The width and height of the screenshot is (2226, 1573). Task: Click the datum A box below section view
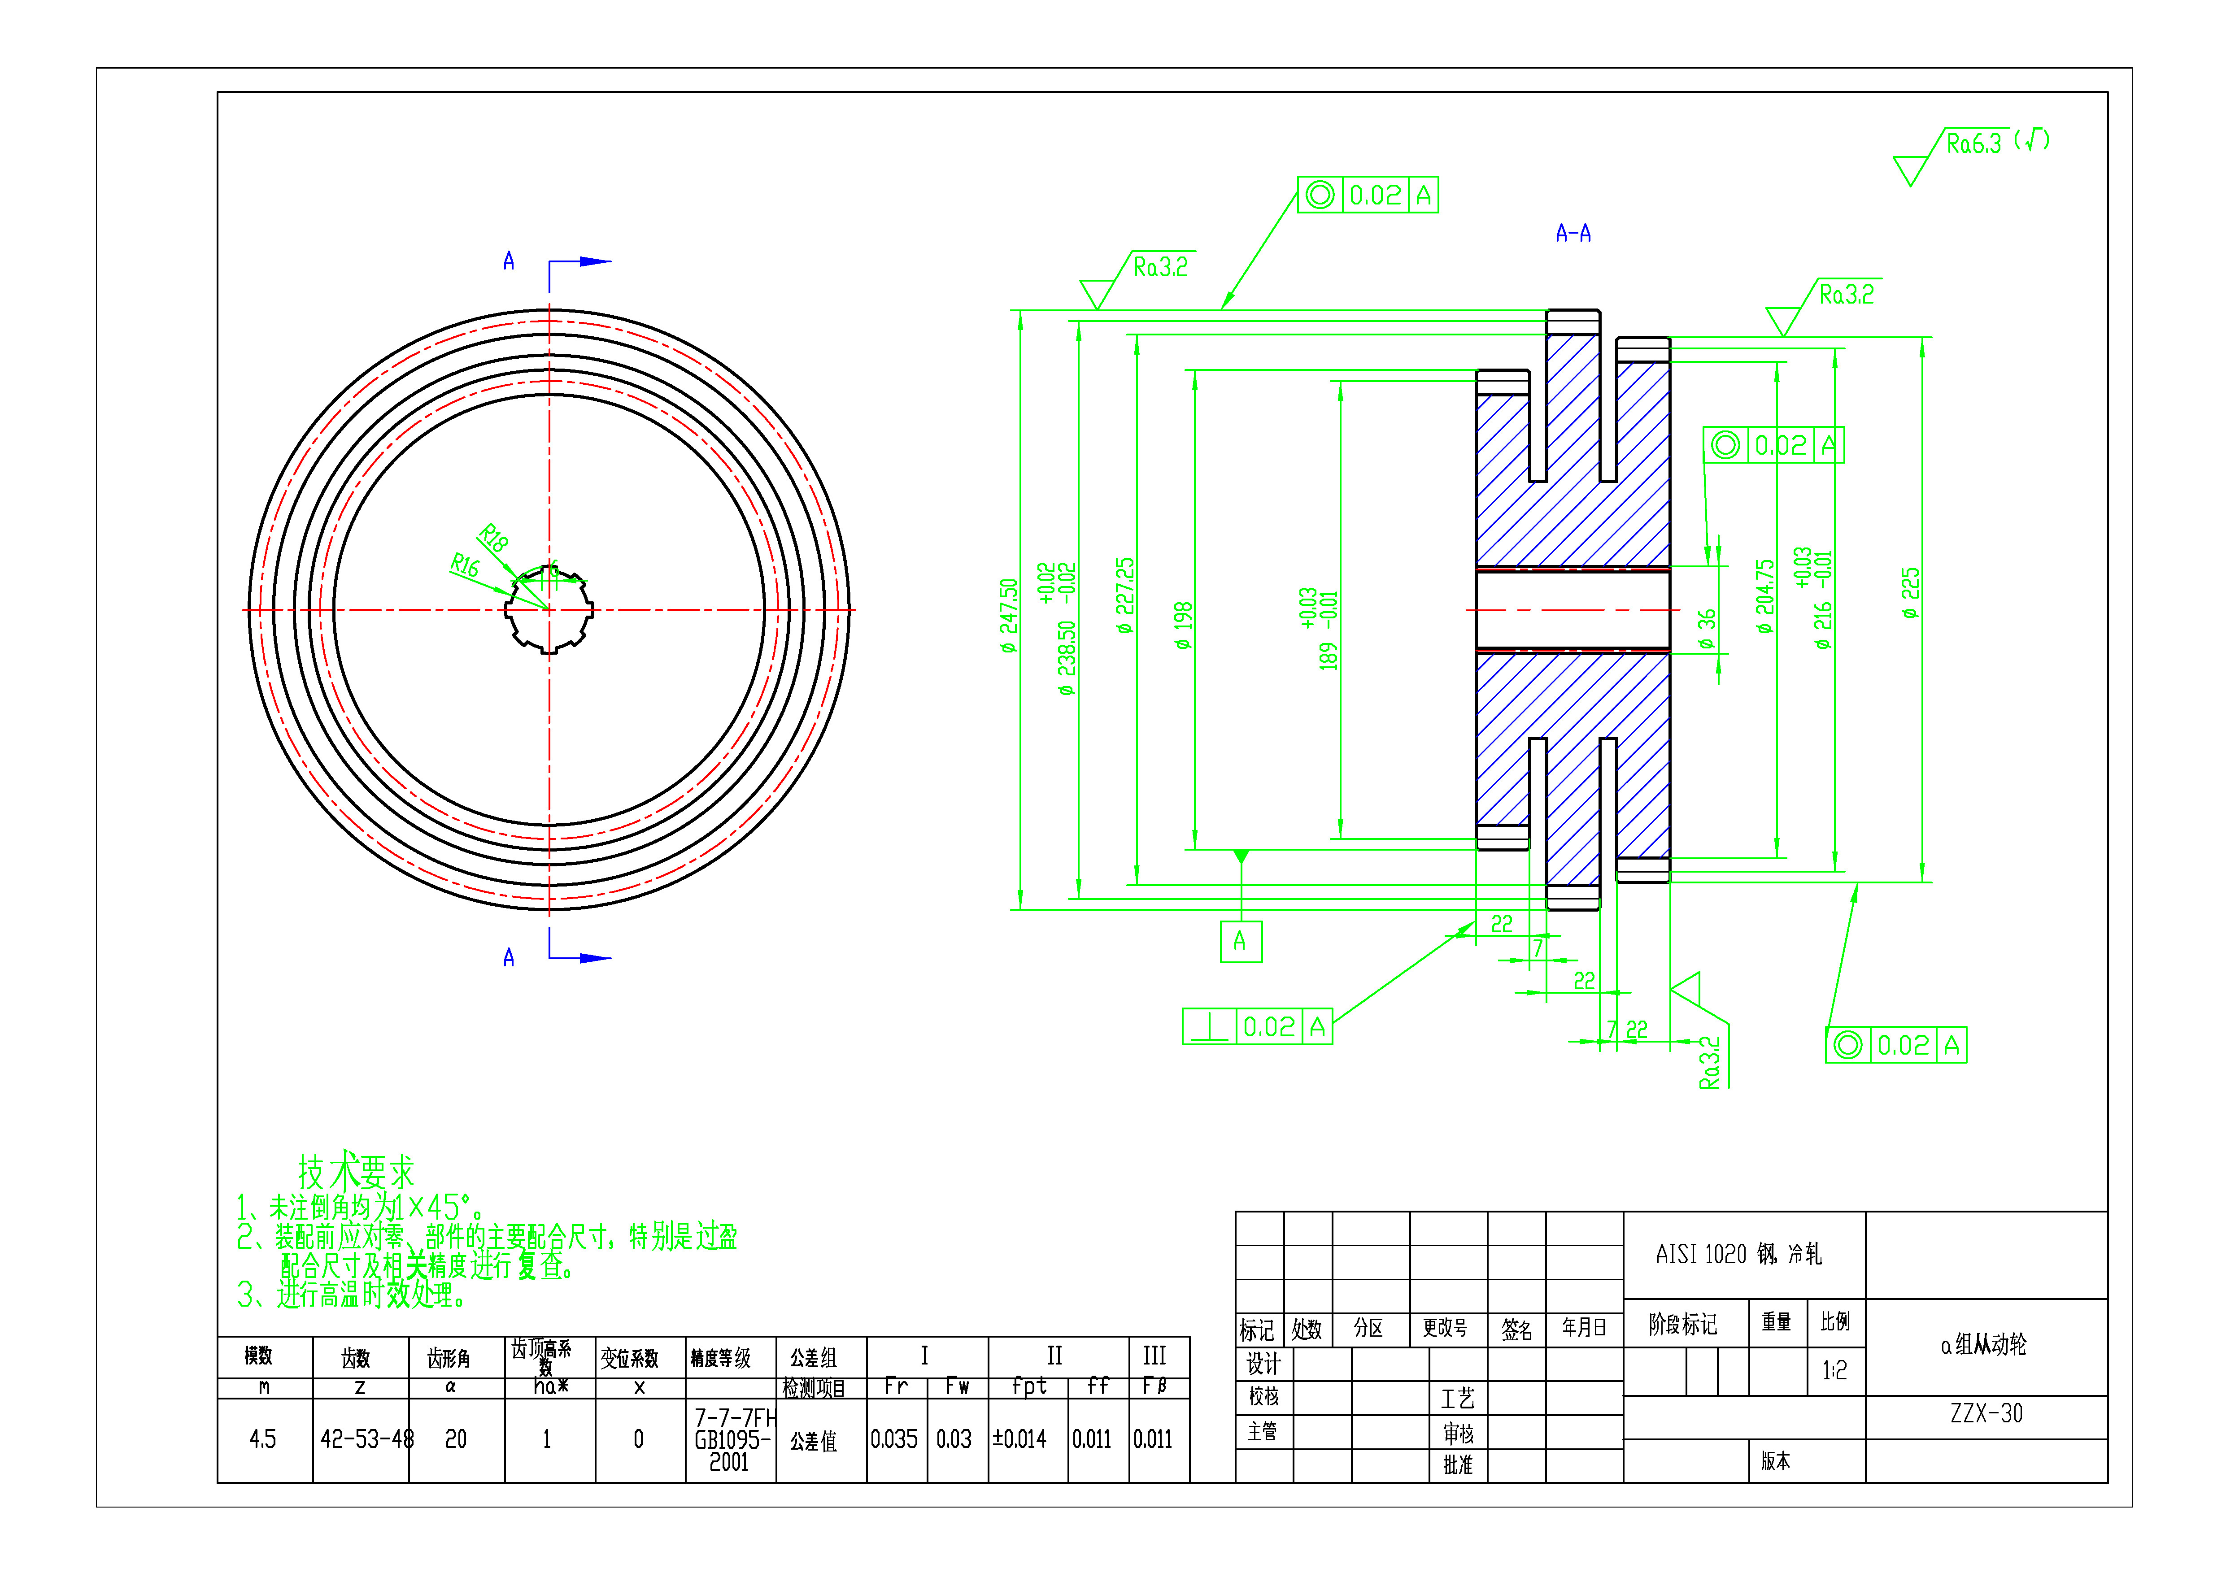coord(1240,941)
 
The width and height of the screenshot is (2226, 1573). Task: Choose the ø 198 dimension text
coord(1183,625)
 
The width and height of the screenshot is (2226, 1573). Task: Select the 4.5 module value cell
coord(263,1439)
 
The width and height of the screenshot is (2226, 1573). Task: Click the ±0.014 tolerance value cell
coord(1020,1439)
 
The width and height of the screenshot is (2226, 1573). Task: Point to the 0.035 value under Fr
coord(894,1439)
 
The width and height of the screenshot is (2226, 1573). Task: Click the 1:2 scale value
coord(1834,1370)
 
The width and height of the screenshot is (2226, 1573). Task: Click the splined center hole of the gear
coord(549,610)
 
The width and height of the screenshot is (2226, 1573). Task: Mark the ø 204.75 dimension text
coord(1764,596)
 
